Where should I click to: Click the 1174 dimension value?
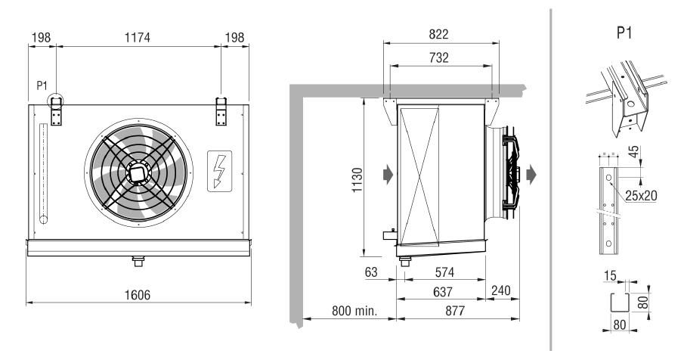point(138,38)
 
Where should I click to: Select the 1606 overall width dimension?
point(138,295)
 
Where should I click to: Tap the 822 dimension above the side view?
point(438,34)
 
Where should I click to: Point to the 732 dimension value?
point(438,57)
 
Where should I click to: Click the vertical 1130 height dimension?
point(357,180)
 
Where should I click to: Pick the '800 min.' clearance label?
point(354,311)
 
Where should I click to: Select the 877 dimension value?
point(455,311)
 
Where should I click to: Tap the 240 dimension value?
point(501,290)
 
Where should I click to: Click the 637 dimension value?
point(442,291)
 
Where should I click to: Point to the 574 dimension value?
point(444,272)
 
